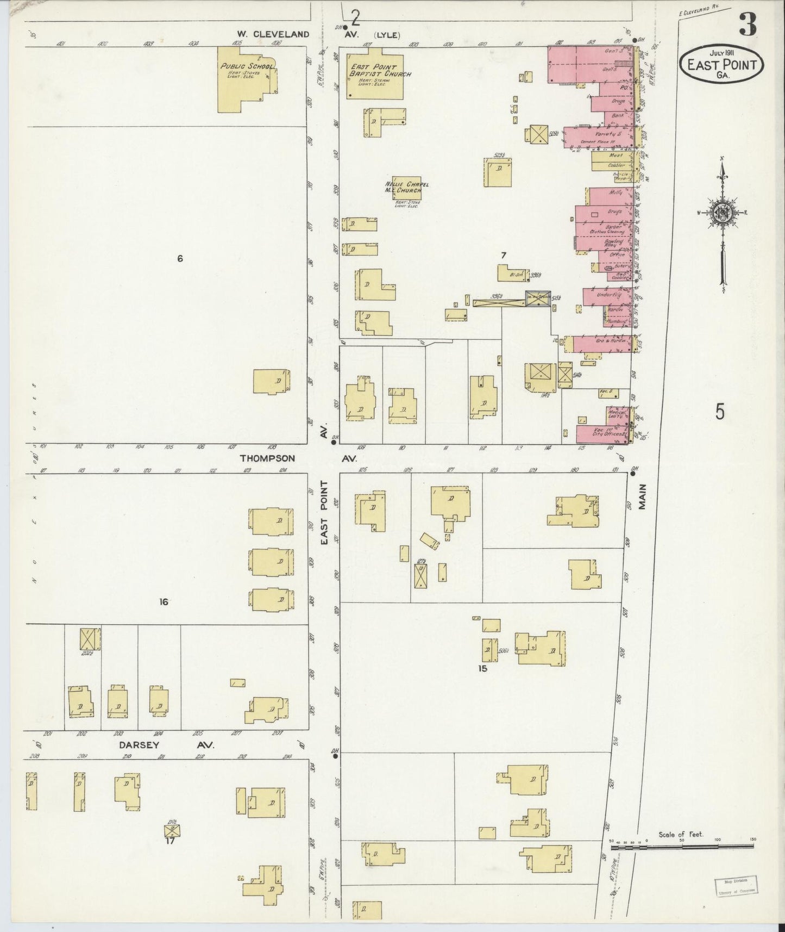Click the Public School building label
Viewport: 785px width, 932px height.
click(x=247, y=66)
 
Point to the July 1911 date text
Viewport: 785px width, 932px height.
click(x=721, y=53)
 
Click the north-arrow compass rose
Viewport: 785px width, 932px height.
click(x=721, y=213)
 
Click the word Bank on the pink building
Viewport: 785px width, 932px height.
click(x=617, y=116)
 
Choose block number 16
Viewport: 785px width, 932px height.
click(x=163, y=601)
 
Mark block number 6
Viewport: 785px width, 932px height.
click(x=180, y=259)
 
